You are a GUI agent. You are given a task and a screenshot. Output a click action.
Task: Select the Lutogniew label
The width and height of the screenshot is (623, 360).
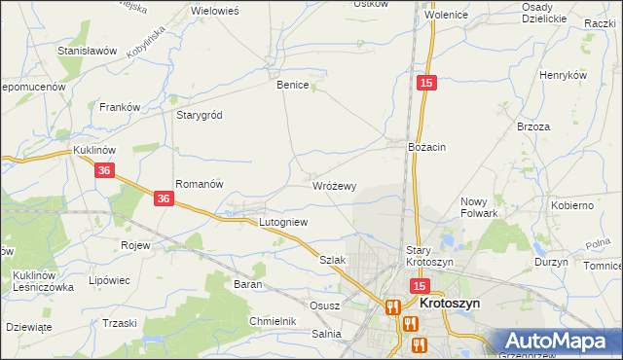tap(282, 222)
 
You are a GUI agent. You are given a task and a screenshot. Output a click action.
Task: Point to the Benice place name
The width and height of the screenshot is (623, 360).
tap(293, 85)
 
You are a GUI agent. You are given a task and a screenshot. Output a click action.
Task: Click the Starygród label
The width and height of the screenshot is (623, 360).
tap(199, 115)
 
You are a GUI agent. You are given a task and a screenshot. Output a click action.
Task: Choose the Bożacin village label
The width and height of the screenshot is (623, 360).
tap(426, 146)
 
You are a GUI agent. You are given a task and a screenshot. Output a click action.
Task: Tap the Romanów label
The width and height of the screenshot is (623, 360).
tap(200, 183)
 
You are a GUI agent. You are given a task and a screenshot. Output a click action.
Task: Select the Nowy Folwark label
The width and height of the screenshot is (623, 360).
tap(479, 207)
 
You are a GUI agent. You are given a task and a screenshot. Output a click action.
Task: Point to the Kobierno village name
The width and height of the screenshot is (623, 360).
tap(572, 206)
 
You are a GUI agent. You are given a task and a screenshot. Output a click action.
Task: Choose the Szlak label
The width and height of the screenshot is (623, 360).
tap(333, 260)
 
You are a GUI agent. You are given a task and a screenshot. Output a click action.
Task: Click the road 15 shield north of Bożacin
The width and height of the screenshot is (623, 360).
tap(425, 85)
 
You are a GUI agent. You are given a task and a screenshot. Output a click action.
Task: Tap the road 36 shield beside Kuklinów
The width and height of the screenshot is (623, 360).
tap(106, 170)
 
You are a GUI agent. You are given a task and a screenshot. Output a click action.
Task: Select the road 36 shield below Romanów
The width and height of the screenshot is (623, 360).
tap(164, 198)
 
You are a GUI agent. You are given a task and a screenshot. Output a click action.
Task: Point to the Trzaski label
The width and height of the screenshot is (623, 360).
tap(119, 323)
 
